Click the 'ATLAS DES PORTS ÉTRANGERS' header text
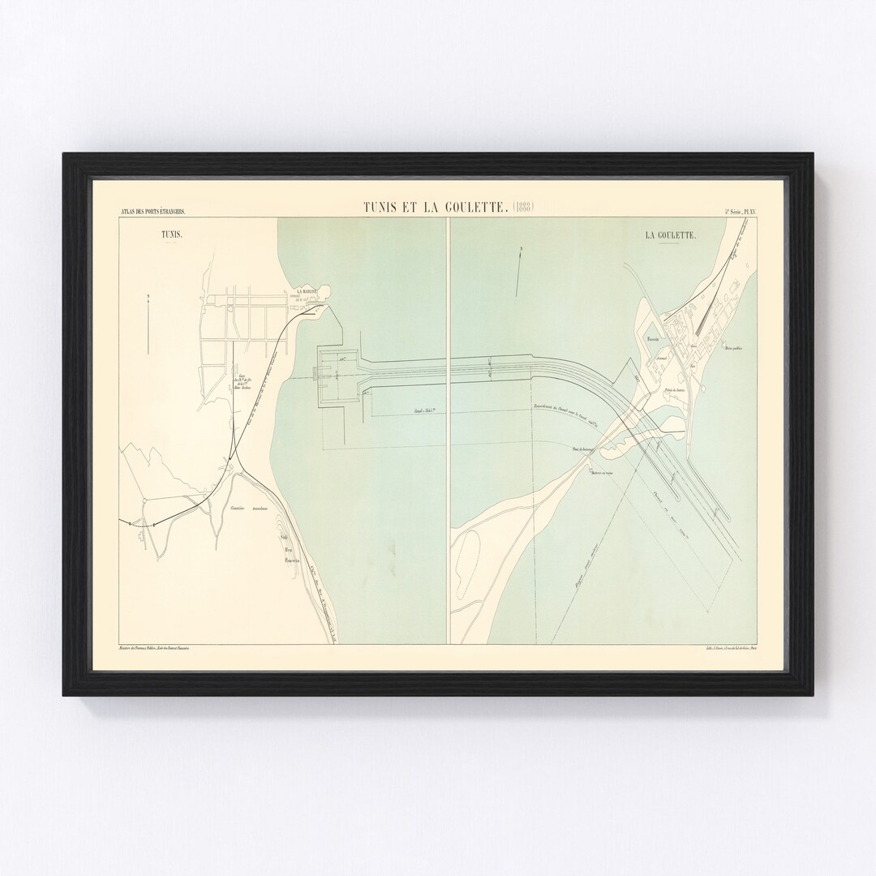(x=152, y=213)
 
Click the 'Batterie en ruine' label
(x=602, y=471)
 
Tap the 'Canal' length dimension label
(x=427, y=412)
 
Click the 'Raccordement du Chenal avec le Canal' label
(x=565, y=406)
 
